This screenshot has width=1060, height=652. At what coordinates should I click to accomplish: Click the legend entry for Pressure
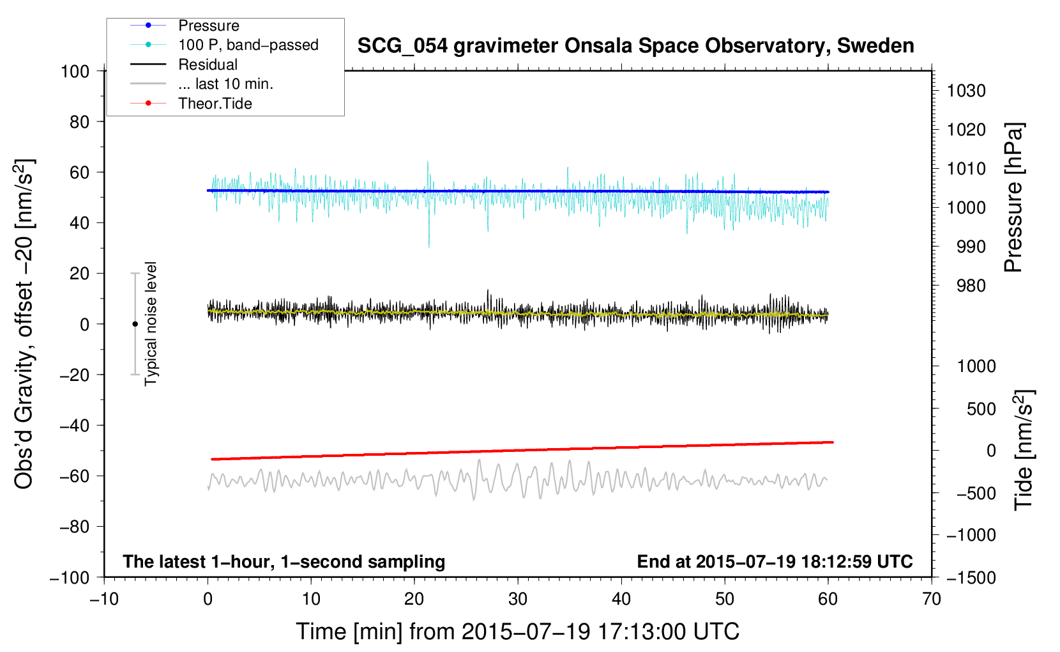click(x=208, y=26)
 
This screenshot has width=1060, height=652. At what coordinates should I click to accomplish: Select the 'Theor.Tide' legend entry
click(x=215, y=104)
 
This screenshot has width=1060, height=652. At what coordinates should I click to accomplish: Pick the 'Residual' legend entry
click(x=208, y=65)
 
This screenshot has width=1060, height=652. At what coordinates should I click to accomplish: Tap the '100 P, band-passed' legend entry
click(x=248, y=45)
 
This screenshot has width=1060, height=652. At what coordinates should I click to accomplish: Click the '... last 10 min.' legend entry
click(x=225, y=84)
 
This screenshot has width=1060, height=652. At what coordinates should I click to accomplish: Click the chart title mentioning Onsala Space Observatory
click(x=635, y=46)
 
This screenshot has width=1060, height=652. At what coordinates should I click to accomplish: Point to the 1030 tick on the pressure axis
click(x=966, y=91)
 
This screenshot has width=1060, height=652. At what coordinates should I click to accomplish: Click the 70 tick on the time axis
click(x=932, y=599)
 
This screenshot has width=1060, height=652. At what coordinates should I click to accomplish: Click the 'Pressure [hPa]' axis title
click(x=1013, y=198)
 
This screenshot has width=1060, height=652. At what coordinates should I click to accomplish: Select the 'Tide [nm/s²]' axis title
click(x=1024, y=449)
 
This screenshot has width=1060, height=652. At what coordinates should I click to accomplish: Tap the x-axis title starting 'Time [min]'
click(x=518, y=632)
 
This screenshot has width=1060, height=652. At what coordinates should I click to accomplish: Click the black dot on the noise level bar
click(x=135, y=324)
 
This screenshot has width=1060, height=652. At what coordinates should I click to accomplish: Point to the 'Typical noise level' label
click(x=151, y=323)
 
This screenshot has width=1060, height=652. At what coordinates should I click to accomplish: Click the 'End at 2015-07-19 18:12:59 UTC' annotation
click(x=775, y=561)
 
